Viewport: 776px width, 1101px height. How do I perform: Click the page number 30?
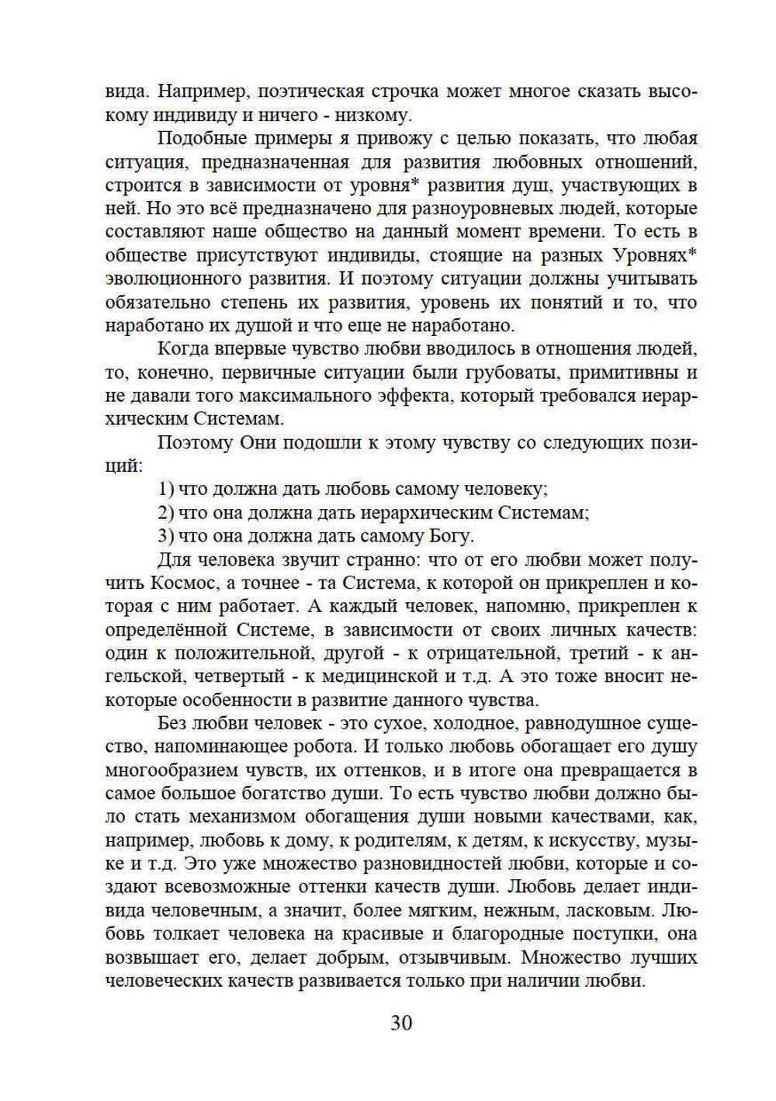click(401, 1023)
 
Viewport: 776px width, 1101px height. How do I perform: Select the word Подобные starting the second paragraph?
click(199, 138)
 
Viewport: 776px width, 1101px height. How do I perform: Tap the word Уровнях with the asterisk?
click(655, 255)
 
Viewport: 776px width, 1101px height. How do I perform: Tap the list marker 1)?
click(165, 489)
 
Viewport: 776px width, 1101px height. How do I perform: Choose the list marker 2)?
click(165, 512)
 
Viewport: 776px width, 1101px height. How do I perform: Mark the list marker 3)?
click(165, 535)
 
